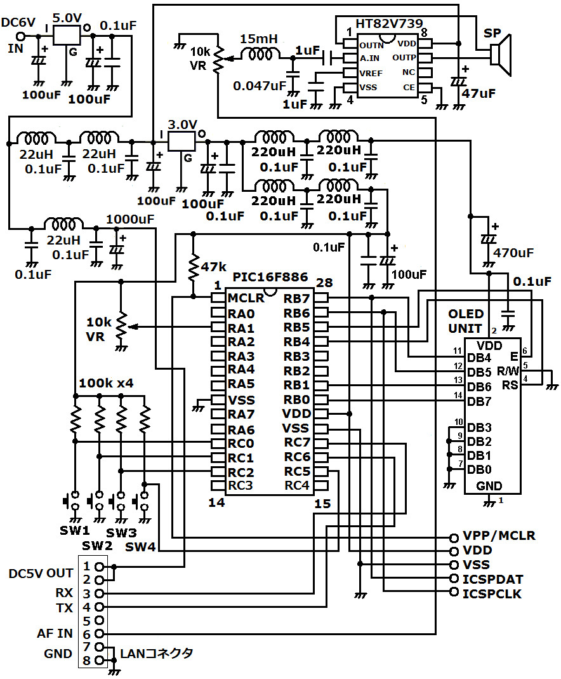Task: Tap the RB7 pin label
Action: [x=297, y=298]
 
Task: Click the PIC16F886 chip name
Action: [x=270, y=278]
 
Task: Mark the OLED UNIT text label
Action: [x=466, y=321]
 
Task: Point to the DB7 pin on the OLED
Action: [x=479, y=401]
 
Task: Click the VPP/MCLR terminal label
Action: [x=499, y=535]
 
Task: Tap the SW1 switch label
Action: [x=76, y=530]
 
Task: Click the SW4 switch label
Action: [x=139, y=546]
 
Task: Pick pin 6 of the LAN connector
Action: [x=99, y=633]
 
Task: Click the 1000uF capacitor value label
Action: [x=131, y=219]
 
